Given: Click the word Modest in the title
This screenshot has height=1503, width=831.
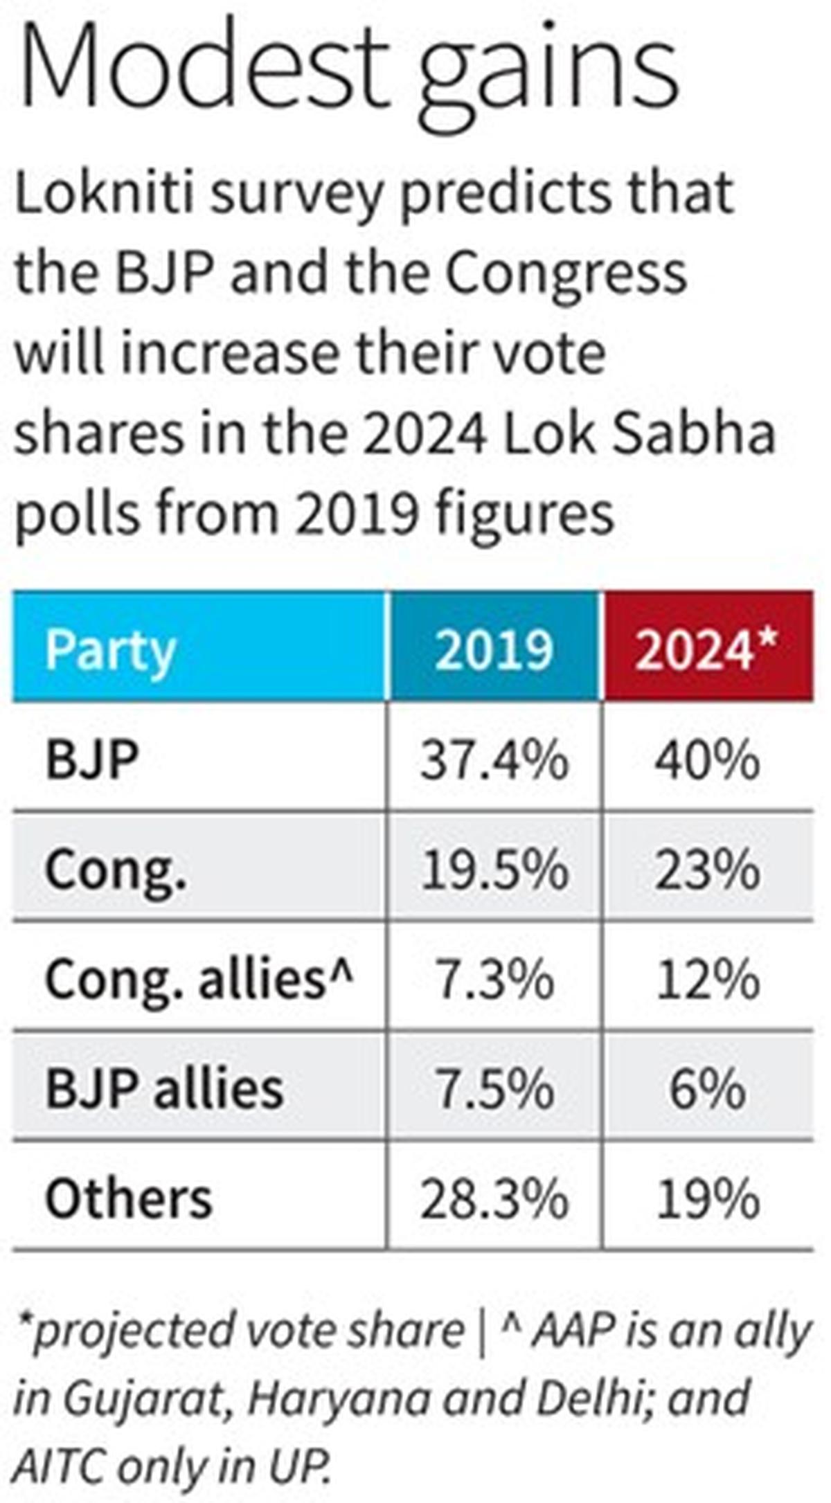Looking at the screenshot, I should (x=201, y=69).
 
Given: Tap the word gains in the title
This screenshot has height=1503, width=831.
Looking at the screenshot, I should (x=547, y=76).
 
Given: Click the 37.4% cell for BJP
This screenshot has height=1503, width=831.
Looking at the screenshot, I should (x=494, y=760).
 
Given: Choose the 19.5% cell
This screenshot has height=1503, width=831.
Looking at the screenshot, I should (x=494, y=870).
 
